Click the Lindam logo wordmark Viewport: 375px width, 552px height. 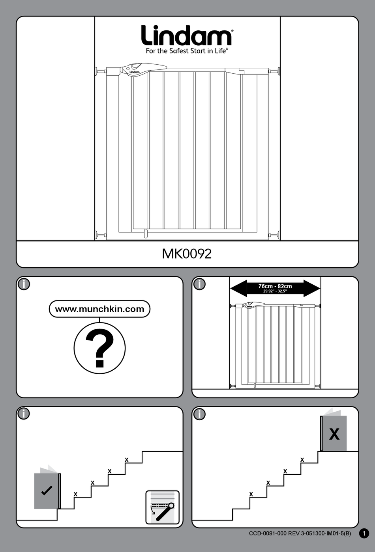coord(186,36)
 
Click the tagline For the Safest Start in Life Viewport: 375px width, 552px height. coord(186,51)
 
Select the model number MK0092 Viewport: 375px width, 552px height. coord(187,254)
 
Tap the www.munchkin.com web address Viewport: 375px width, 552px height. coord(99,309)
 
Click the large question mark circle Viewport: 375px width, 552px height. coord(99,348)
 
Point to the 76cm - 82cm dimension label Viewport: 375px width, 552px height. coord(275,286)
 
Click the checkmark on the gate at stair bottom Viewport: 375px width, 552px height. coord(47,490)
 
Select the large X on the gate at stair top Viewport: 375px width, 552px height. coord(334,434)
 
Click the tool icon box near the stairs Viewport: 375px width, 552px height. coord(162,507)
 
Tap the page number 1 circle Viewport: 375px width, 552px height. coord(364,533)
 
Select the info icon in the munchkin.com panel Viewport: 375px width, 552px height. coord(24,284)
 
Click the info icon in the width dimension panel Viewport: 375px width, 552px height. coord(200,284)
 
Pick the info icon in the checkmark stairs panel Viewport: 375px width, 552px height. coord(24,414)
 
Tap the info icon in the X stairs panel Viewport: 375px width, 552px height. coord(200,414)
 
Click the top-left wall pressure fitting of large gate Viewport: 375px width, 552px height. coord(99,71)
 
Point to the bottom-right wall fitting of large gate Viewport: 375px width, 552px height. coord(276,235)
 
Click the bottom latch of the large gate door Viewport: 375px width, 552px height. coord(145,234)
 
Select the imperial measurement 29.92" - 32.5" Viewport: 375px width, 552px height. coord(275,291)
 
